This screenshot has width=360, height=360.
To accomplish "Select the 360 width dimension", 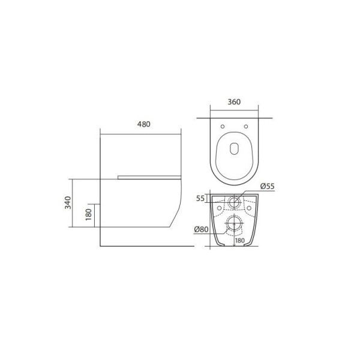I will click(234, 102).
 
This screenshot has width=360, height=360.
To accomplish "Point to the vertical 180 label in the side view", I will click(87, 214).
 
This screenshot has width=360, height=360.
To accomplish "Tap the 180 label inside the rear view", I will click(239, 241).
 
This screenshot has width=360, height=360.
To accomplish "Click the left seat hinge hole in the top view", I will click(223, 127).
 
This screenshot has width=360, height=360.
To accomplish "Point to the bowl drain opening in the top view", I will click(234, 150).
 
